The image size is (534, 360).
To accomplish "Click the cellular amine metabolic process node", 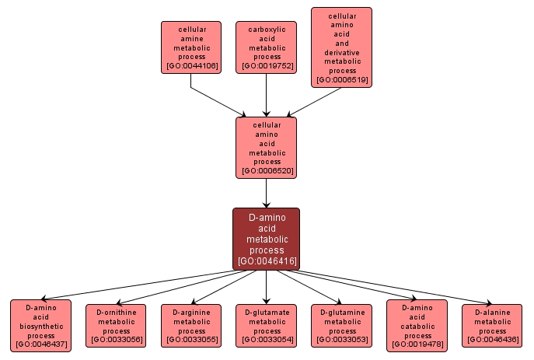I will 191,47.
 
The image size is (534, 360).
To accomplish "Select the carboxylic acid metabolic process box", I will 267,47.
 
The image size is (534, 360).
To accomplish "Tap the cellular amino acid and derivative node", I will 341,47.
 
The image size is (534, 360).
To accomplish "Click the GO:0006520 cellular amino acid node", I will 267,147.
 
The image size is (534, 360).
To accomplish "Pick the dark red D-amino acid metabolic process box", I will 267,239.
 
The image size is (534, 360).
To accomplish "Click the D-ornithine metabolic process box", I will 117,326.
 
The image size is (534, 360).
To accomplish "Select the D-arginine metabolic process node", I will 191,326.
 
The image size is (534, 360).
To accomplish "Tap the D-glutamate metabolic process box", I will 267,326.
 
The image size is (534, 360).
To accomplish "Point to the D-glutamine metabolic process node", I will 342,326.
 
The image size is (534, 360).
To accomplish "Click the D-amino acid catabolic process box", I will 417,326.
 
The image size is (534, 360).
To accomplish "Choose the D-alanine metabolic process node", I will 492,326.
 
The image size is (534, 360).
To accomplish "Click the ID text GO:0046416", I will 267,260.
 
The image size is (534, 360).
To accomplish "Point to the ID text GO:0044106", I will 191,66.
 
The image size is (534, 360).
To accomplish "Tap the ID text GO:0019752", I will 267,66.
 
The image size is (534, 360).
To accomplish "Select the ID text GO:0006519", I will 341,79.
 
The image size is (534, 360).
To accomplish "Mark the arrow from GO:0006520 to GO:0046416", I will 267,192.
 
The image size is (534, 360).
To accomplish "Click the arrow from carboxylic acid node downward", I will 267,95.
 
